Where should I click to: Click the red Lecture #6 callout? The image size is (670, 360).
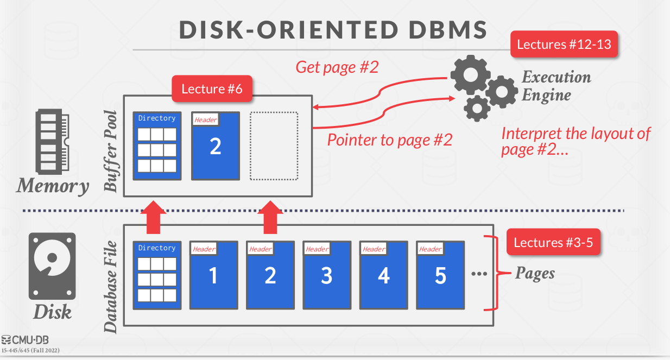click(212, 89)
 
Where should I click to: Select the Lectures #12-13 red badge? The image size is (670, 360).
click(564, 44)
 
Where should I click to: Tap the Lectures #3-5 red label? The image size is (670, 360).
click(553, 242)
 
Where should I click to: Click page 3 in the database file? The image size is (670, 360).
click(327, 275)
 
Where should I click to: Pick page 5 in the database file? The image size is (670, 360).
click(440, 275)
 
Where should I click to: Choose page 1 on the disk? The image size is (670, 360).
click(213, 275)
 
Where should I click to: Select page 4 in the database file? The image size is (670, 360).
click(383, 275)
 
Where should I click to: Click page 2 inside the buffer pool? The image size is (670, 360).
click(216, 146)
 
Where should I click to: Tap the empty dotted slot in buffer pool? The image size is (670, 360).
click(274, 146)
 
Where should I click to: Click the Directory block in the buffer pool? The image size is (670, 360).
click(157, 146)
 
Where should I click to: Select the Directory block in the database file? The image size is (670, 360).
click(157, 275)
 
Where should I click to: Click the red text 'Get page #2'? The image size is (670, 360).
click(337, 67)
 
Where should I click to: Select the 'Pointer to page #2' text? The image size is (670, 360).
click(389, 140)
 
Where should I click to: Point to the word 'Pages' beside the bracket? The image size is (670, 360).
click(535, 273)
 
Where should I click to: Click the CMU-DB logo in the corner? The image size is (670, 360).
click(26, 340)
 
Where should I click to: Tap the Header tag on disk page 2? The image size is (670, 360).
click(261, 249)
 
